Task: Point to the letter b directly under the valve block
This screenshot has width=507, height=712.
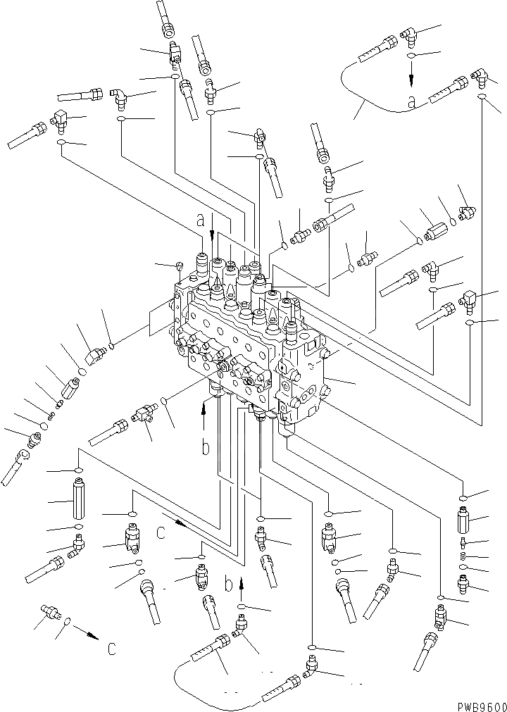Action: [x=205, y=447]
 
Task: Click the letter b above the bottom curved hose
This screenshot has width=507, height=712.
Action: [x=228, y=584]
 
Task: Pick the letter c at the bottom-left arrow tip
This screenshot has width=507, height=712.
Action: [x=112, y=649]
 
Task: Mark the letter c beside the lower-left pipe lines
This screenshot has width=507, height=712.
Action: [x=161, y=532]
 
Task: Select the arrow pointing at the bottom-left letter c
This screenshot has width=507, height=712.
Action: [x=87, y=634]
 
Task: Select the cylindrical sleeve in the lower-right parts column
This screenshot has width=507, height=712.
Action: [x=462, y=522]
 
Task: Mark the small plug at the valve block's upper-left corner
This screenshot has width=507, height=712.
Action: [x=179, y=266]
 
